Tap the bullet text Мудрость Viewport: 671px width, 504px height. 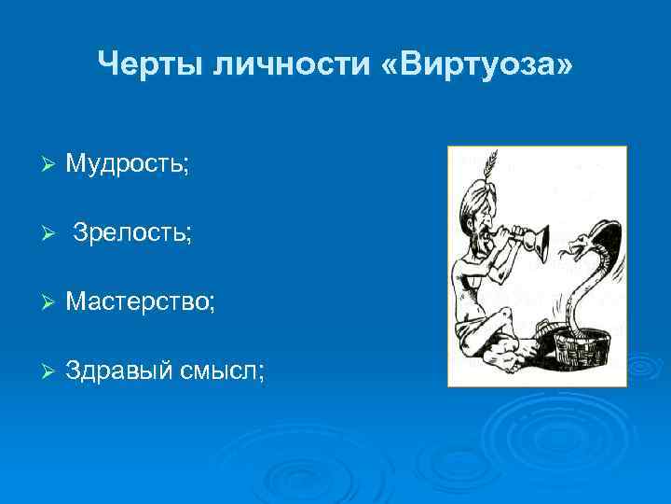128,164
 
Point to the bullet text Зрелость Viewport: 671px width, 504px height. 132,233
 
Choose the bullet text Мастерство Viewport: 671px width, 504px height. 141,302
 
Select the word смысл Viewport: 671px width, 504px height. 223,371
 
